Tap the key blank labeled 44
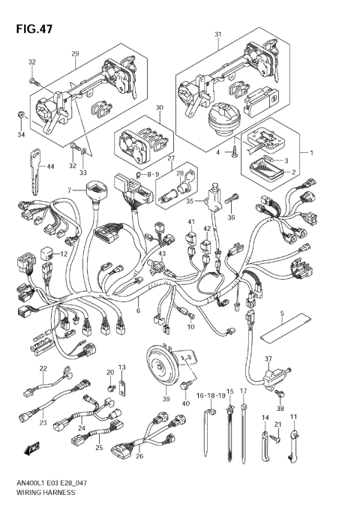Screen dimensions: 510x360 [34, 159]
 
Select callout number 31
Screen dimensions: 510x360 [218, 35]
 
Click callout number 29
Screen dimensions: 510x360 [75, 53]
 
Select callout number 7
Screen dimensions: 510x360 [69, 190]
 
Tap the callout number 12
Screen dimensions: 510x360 [64, 254]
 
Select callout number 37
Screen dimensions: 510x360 [267, 359]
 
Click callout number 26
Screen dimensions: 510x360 [139, 454]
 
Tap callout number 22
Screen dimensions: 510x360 [43, 368]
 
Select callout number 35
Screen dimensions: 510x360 [190, 201]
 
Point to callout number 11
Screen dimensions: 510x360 [294, 416]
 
